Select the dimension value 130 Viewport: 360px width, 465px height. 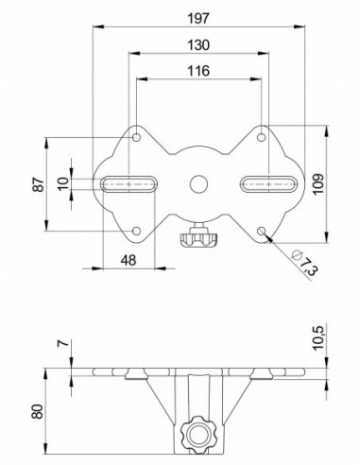[198, 44]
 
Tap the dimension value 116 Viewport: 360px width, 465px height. [198, 71]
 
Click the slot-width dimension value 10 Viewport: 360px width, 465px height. [63, 183]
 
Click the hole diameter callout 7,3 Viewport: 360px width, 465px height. [307, 264]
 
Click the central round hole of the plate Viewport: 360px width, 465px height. [198, 182]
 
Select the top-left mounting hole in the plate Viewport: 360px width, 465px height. [137, 138]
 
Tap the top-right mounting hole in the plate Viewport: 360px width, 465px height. [262, 138]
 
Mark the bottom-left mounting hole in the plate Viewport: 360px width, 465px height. [137, 230]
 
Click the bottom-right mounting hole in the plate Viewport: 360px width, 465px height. [262, 230]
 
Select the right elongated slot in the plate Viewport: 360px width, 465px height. [270, 182]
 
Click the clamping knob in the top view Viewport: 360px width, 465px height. [198, 240]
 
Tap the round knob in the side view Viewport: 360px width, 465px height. [199, 435]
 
